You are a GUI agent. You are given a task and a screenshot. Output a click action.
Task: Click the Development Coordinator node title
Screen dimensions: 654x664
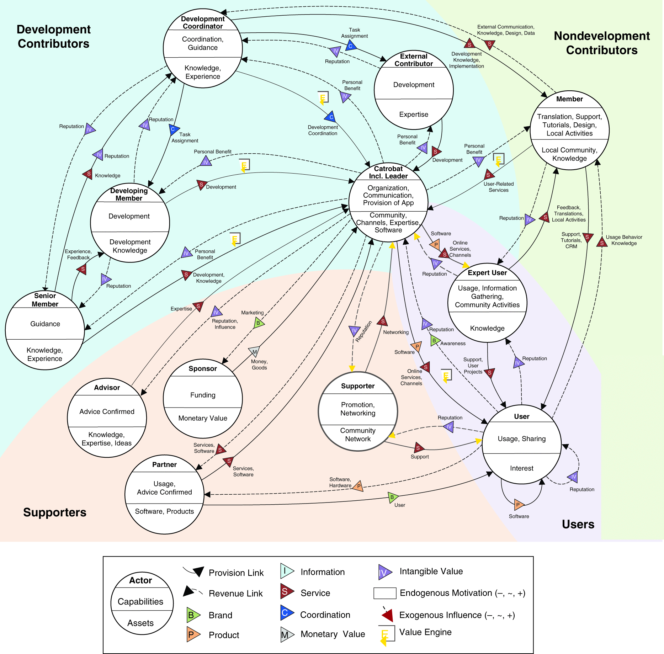coord(203,22)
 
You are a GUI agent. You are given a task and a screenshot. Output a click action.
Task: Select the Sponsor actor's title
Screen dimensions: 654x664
coord(203,368)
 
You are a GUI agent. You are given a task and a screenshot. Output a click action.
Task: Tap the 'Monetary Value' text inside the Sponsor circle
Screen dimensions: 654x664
coord(203,418)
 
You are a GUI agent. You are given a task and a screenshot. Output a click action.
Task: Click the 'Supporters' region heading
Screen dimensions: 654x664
coord(55,512)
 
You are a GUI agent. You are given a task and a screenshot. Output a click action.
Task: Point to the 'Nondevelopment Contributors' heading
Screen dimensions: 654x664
coord(602,43)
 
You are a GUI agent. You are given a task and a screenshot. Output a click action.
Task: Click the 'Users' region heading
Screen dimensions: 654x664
coord(578,524)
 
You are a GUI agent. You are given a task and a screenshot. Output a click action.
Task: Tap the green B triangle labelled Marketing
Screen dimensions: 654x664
coord(259,323)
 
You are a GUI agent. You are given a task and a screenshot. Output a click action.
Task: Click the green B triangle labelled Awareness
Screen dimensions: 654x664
coord(434,340)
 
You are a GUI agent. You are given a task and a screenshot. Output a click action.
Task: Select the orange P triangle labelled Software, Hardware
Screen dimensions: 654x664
coord(358,486)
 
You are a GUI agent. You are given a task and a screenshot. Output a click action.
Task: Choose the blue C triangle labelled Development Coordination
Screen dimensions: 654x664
coord(331,117)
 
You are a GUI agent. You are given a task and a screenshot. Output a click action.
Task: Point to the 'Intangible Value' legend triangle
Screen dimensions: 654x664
coord(384,572)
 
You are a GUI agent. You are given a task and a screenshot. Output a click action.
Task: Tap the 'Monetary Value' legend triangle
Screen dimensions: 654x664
coord(286,634)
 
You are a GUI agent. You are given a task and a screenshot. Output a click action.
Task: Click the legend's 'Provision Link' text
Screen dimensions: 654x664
coord(236,573)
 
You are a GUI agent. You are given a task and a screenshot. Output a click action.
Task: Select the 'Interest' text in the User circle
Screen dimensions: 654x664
coord(521,468)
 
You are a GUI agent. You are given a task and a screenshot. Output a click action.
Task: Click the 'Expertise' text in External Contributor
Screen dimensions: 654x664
coord(414,115)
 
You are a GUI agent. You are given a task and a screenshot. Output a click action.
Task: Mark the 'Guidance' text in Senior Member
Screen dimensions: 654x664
coord(45,324)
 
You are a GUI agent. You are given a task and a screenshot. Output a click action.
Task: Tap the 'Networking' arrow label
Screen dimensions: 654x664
coord(396,332)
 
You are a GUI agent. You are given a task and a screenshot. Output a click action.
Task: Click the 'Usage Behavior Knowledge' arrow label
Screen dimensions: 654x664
coord(624,240)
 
